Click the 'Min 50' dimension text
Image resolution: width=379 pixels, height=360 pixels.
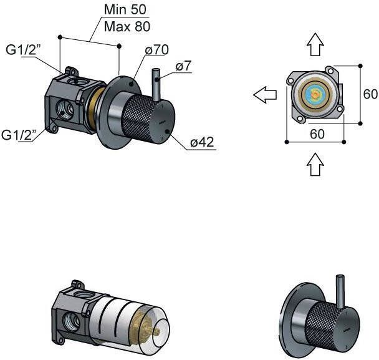(125, 9)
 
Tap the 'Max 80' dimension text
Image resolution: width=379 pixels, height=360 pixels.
(127, 26)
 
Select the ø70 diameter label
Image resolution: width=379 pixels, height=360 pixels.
(157, 50)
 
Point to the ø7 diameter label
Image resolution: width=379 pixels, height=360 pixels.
(183, 66)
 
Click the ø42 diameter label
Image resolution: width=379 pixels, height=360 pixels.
(202, 142)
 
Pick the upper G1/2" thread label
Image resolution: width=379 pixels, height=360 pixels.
(23, 51)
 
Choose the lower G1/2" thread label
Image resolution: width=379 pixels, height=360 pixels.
(19, 135)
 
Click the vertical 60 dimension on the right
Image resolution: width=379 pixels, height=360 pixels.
(370, 94)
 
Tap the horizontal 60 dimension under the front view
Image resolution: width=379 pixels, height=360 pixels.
(317, 134)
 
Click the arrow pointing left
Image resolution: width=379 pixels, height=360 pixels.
(265, 95)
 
